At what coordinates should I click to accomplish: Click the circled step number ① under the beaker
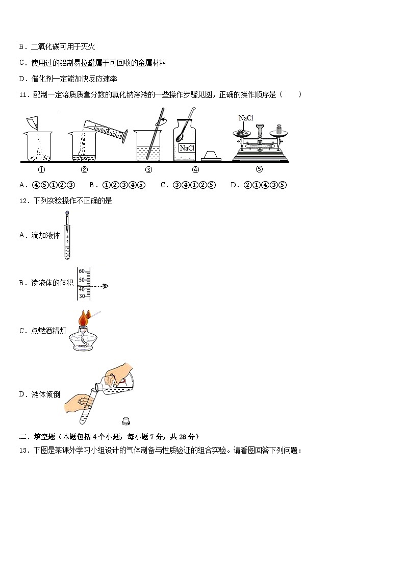click(42, 170)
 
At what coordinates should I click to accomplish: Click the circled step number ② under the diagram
click(85, 170)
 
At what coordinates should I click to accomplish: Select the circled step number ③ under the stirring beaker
click(148, 170)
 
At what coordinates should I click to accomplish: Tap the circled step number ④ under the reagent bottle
click(195, 170)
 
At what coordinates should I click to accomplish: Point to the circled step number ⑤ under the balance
click(259, 170)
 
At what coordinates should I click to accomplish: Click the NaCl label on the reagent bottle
click(187, 148)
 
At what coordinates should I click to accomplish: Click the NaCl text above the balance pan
click(245, 118)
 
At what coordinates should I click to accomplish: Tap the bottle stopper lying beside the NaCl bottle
click(212, 155)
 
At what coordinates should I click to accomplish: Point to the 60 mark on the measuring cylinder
click(81, 271)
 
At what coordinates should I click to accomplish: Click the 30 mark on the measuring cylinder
click(81, 296)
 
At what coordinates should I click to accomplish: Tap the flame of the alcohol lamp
click(83, 319)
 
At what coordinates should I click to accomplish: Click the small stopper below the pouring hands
click(125, 421)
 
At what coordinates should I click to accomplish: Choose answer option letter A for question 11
click(21, 185)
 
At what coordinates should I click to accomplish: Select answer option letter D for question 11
click(233, 185)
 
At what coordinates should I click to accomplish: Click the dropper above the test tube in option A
click(67, 222)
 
